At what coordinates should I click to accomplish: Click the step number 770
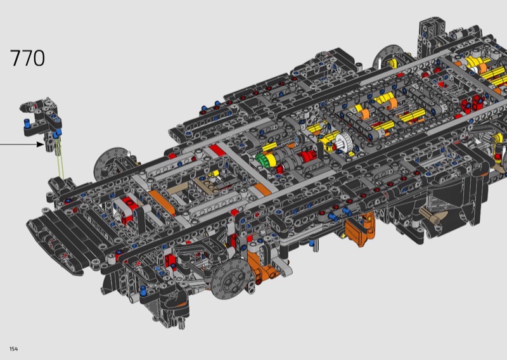pos(27,58)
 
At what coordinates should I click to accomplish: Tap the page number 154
pos(13,349)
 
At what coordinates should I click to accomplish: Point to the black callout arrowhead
pos(41,145)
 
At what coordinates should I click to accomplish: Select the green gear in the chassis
pos(261,160)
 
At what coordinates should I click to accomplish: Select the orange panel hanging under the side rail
pos(359,230)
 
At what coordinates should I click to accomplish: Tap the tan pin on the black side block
pos(434,215)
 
